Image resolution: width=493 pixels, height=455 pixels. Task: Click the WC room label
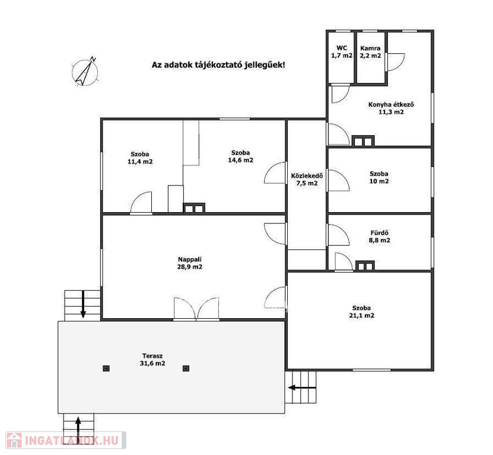[342, 52]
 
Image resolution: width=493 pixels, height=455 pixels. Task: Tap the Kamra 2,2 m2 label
[370, 52]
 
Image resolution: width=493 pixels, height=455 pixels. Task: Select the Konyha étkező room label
[391, 108]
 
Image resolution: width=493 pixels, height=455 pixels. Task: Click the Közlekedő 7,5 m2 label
[307, 180]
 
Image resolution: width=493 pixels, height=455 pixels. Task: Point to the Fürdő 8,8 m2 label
[380, 236]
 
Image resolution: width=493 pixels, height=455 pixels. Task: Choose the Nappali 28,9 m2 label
[190, 263]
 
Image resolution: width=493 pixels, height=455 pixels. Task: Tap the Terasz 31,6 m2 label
[152, 360]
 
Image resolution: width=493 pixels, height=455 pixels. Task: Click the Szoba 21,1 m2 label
[361, 312]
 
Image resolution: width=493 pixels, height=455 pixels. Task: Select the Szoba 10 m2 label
[379, 177]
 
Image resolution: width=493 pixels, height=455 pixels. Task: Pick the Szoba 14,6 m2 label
[240, 156]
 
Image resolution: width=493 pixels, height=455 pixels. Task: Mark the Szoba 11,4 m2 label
[140, 158]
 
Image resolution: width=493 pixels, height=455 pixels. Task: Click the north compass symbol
[85, 72]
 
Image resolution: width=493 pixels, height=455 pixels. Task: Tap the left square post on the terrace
[106, 369]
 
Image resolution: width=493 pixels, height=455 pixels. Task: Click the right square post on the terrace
[186, 369]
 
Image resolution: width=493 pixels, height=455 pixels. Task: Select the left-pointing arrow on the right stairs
[302, 387]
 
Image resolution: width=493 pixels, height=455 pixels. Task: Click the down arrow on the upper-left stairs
[83, 304]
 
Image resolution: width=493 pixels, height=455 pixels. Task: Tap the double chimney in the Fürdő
[365, 265]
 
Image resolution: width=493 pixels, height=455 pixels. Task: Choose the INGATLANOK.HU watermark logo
[66, 440]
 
